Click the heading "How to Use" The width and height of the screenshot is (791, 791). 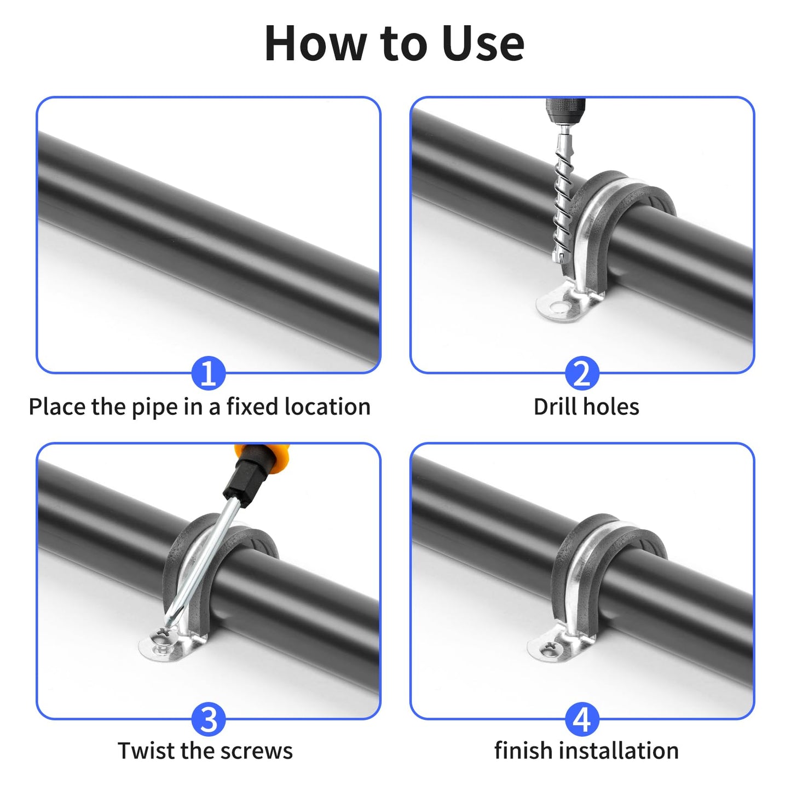(x=394, y=44)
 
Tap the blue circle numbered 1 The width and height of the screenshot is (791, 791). (x=208, y=374)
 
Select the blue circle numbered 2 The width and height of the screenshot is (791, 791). (x=581, y=374)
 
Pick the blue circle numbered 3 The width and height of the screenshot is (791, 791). (x=208, y=719)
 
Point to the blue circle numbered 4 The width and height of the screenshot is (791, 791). (x=581, y=719)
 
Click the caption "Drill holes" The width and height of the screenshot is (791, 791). (x=586, y=407)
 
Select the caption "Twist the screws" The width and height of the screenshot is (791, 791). (x=205, y=751)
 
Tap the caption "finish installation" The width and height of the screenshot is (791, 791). (x=586, y=751)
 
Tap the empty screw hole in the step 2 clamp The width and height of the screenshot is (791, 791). (x=558, y=307)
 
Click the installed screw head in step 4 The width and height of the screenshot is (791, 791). (x=549, y=649)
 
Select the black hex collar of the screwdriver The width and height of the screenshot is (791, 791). (x=244, y=482)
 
